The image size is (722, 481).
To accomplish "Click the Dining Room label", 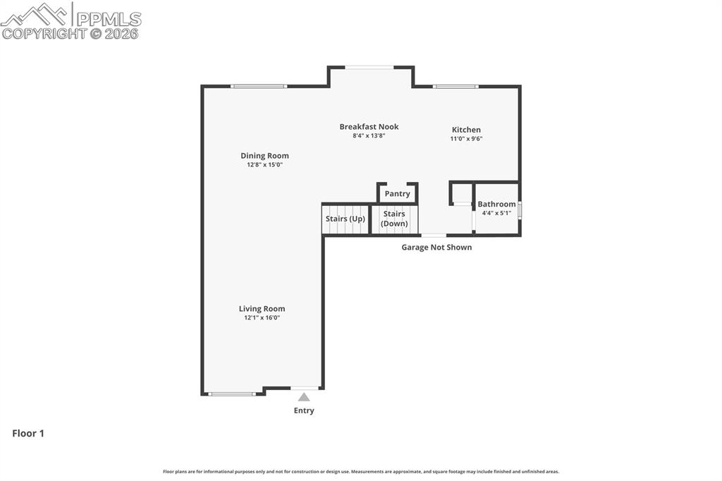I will coord(264,156).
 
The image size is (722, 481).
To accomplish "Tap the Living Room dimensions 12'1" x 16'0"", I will coord(262,318).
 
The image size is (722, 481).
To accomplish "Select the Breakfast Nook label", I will coord(369,127).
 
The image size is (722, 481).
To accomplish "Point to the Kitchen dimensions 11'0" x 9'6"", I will coord(466,139).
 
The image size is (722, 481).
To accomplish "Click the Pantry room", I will coord(398,194).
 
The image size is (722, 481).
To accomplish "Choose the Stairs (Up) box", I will coord(345,219).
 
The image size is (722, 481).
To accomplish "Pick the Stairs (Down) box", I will coord(394,219).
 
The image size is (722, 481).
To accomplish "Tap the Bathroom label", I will coord(496,205).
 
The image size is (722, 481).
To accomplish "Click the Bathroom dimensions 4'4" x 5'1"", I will coord(496,213).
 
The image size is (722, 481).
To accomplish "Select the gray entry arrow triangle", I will coord(304,397).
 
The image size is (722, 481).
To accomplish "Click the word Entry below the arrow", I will coord(304,410).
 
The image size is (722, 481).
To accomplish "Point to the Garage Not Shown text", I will coord(436,248).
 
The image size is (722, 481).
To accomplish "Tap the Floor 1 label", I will coord(28,434).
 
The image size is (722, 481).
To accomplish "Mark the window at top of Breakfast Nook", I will coord(369,68).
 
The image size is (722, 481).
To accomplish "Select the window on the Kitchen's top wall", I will coord(455,87).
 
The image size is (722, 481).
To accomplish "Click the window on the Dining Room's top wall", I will coord(259,87).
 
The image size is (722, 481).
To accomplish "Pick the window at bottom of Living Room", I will coord(232,394).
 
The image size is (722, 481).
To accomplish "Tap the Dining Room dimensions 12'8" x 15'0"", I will coord(264,165).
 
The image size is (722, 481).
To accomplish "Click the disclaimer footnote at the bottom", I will coord(361,472).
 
